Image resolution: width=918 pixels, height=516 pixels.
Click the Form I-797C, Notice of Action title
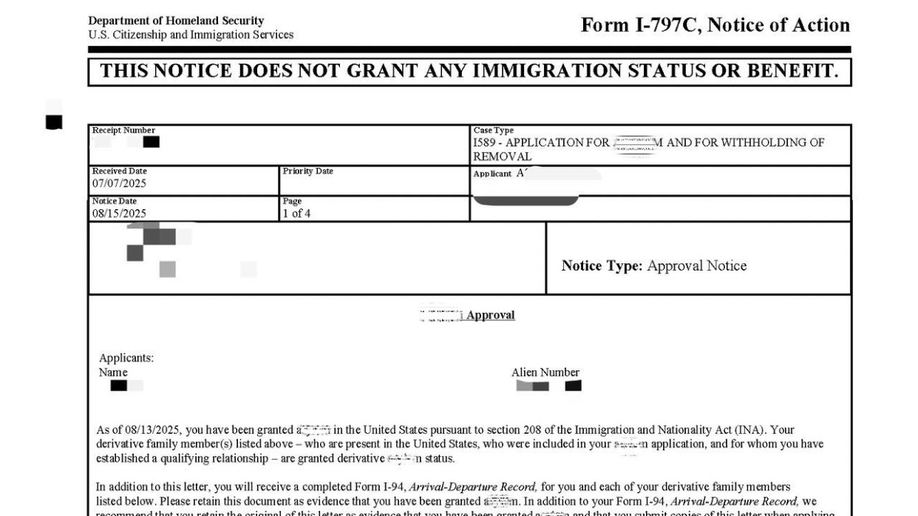coord(715,25)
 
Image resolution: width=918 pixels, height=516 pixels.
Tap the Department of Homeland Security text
coord(175,21)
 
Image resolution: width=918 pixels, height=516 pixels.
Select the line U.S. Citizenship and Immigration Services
coord(190,35)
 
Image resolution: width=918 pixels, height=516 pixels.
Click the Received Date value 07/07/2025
coord(119,183)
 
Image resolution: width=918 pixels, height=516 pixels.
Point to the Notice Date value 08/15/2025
coord(119,214)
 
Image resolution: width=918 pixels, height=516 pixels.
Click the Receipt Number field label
coord(123,130)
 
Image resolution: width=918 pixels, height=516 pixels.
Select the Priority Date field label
coord(307,172)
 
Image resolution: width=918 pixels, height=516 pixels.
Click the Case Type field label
coord(493,130)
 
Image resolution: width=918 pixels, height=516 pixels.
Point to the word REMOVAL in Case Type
coord(502,157)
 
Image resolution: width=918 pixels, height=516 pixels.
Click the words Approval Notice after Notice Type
coord(696,266)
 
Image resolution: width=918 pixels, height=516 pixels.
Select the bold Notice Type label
coord(602,266)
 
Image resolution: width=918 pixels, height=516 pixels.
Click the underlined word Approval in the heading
coord(491,315)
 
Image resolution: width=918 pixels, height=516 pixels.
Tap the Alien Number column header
coord(545,373)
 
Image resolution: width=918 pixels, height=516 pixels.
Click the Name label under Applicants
coord(113,373)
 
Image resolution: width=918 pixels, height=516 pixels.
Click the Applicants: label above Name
coord(126,359)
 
